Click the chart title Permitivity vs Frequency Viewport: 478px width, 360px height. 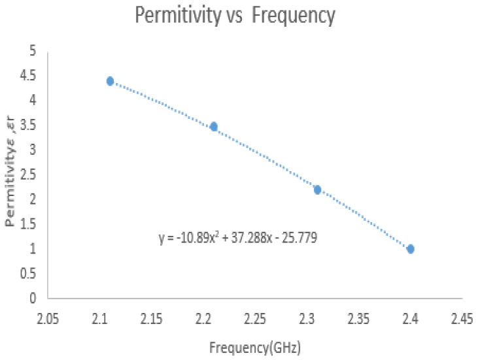235,16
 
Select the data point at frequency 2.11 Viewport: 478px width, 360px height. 110,81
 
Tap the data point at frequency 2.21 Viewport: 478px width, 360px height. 213,127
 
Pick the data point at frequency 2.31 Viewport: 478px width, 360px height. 317,189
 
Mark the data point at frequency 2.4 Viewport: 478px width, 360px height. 410,249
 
